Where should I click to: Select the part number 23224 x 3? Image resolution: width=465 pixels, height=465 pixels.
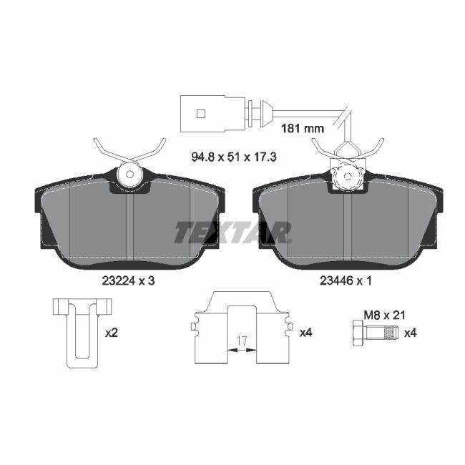click(128, 281)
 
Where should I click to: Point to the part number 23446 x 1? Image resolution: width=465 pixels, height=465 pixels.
click(346, 281)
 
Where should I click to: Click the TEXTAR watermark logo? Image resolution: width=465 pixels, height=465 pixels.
click(232, 232)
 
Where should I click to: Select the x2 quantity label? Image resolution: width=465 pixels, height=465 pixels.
click(112, 333)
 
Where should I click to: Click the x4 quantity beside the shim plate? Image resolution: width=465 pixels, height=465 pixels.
click(306, 333)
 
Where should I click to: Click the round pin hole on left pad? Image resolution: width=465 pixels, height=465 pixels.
click(129, 173)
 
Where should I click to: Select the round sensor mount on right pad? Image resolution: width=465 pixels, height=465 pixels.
click(346, 175)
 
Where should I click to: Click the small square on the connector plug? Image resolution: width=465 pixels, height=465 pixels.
click(201, 113)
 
